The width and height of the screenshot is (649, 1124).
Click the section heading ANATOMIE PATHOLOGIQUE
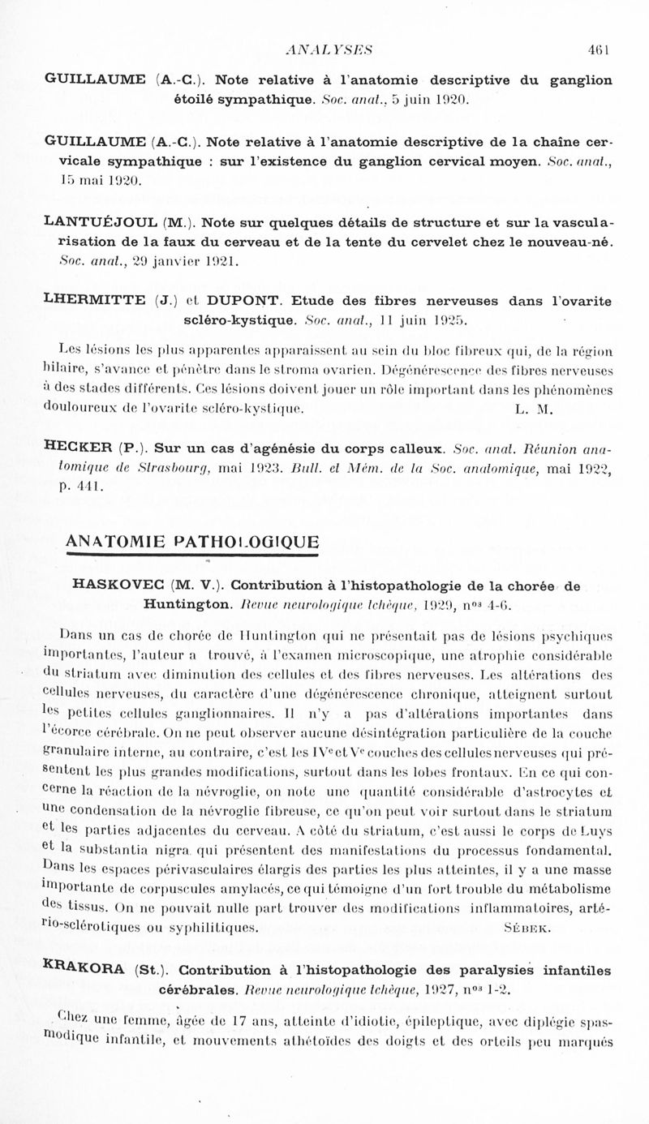(191, 542)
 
